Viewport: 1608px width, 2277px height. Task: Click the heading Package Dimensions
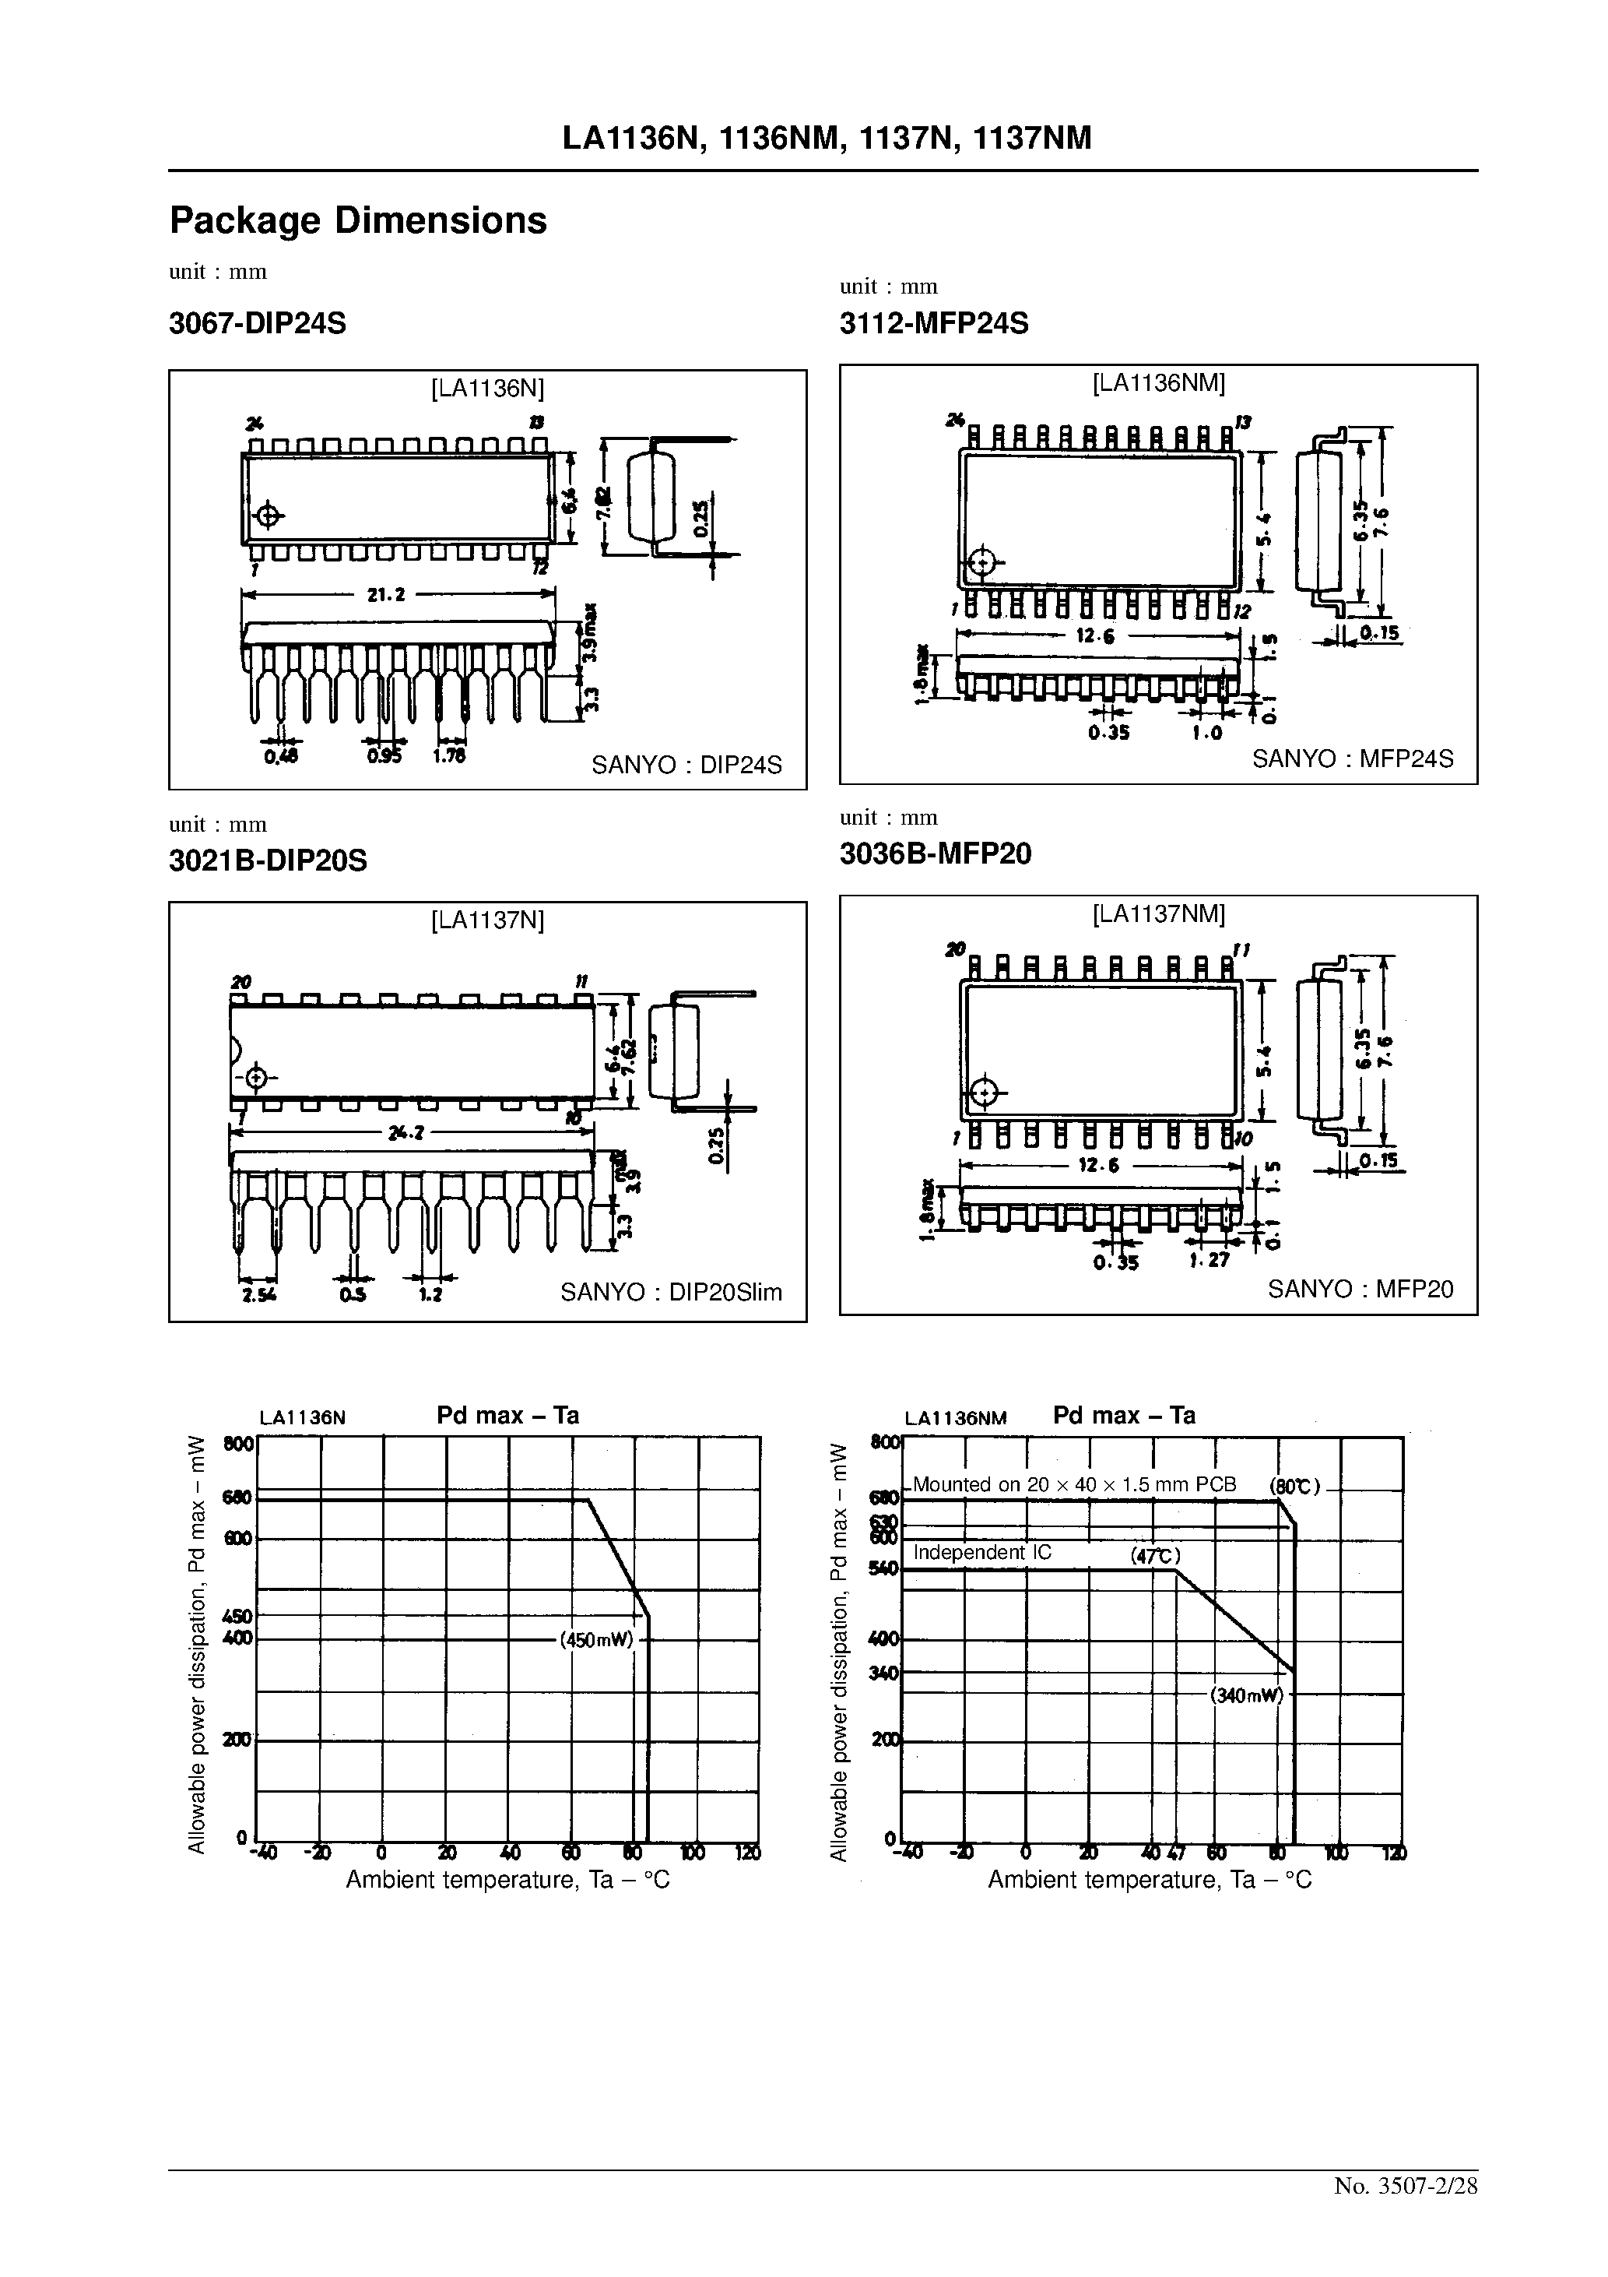pyautogui.click(x=358, y=220)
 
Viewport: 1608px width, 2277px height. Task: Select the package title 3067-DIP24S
pyautogui.click(x=258, y=323)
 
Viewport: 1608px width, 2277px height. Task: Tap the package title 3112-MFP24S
pyautogui.click(x=934, y=323)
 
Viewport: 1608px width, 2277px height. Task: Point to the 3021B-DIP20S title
pyautogui.click(x=268, y=860)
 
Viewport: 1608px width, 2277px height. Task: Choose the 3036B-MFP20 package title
pyautogui.click(x=935, y=853)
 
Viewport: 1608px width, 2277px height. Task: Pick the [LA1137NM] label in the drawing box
pyautogui.click(x=1158, y=913)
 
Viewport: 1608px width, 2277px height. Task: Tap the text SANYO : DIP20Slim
pyautogui.click(x=671, y=1292)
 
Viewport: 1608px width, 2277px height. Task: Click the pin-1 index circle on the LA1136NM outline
pyautogui.click(x=981, y=563)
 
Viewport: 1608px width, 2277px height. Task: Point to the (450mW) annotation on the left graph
pyautogui.click(x=597, y=1639)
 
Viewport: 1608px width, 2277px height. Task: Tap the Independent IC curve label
pyautogui.click(x=981, y=1552)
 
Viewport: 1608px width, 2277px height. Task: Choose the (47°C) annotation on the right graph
pyautogui.click(x=1155, y=1556)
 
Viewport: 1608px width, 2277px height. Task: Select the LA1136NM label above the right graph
pyautogui.click(x=956, y=1418)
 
